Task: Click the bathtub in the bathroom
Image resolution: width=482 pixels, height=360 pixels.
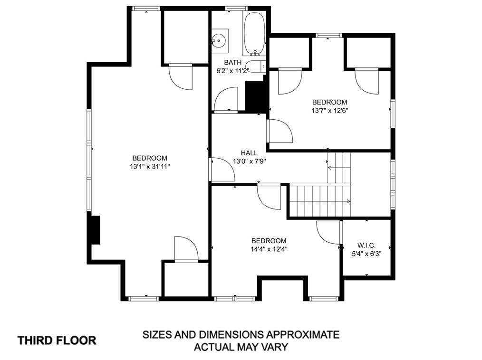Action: [x=254, y=33]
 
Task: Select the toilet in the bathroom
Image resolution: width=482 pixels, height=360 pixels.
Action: [x=256, y=66]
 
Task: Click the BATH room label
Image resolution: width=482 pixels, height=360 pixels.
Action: [x=233, y=62]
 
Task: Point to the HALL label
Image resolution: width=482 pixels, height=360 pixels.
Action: [x=249, y=152]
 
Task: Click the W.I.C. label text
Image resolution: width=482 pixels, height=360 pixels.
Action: [x=366, y=246]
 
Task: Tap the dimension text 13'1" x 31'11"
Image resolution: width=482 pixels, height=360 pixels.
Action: [x=150, y=167]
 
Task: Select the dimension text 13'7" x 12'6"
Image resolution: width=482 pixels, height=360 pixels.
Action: [x=329, y=111]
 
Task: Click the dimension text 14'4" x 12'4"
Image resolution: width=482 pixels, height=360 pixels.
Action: [x=269, y=249]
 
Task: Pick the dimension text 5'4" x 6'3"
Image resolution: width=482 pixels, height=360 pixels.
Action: [x=366, y=254]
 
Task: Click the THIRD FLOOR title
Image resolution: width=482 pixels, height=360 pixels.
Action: [x=57, y=341]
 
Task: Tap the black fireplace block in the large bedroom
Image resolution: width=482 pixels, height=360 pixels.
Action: [x=95, y=230]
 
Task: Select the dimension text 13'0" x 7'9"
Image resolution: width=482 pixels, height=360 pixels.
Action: [x=249, y=161]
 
